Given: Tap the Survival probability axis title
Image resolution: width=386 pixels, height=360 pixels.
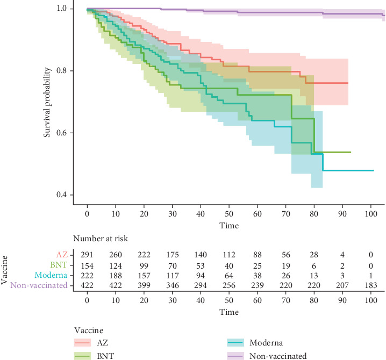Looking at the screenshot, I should point(48,102).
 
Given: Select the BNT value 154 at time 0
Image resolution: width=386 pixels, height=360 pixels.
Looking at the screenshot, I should point(87,265).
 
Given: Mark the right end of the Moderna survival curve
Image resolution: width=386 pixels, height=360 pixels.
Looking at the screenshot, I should point(373,170).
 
